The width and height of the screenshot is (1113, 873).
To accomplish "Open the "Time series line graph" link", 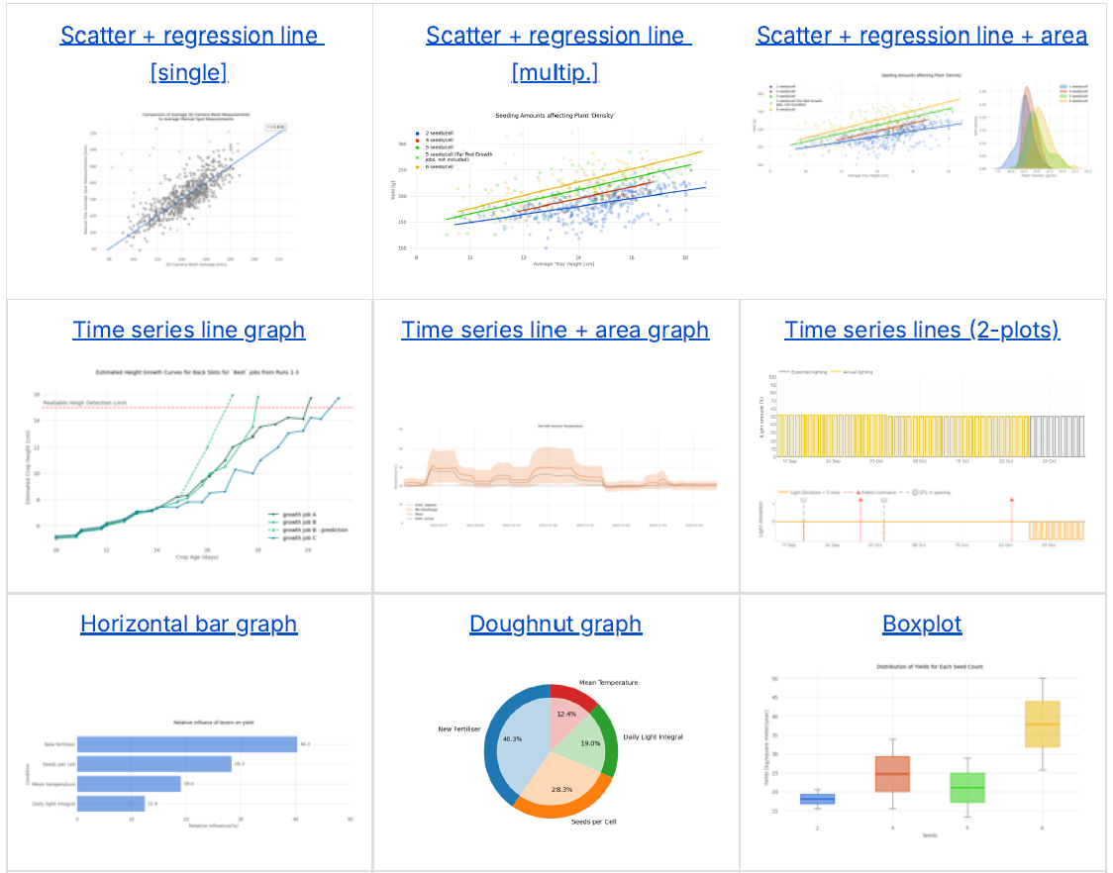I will pos(188,330).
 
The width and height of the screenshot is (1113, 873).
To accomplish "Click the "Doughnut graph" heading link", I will pos(556,625).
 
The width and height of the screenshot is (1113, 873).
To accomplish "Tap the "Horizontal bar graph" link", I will pos(188,625).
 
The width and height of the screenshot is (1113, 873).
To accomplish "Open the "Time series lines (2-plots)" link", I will pos(922,330).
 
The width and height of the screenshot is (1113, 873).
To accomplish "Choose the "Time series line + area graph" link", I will pos(556,330).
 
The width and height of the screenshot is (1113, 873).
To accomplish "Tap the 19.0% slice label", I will pos(592,743).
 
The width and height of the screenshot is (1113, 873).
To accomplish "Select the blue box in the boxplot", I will pos(817,799).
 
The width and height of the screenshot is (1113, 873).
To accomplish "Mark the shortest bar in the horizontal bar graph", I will pos(111,804).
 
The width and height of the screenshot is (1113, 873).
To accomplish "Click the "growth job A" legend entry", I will pos(300,515).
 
